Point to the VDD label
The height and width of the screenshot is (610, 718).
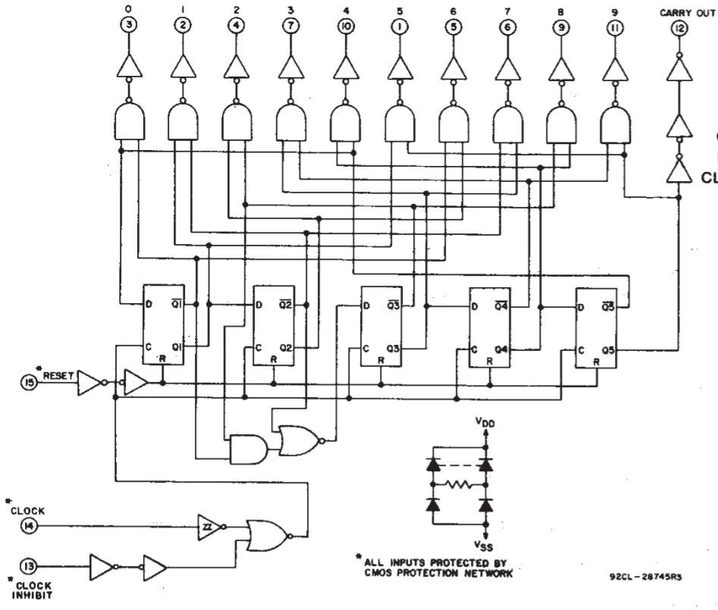click(x=485, y=430)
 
